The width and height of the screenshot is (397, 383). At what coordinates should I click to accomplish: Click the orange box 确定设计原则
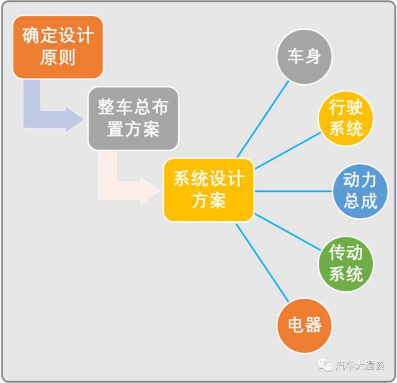point(58,47)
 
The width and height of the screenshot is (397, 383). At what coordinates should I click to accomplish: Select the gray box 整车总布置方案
point(133,118)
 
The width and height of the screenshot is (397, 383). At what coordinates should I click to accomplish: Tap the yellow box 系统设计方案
point(208,190)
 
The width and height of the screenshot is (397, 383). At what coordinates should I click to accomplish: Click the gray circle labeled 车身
point(304,56)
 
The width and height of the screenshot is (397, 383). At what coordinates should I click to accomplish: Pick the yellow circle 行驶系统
point(346,118)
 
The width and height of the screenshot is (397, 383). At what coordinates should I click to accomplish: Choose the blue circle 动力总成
point(360,191)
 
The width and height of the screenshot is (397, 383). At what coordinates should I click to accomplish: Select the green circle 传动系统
point(346,264)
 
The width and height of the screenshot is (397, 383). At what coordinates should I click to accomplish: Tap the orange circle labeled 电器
point(304,325)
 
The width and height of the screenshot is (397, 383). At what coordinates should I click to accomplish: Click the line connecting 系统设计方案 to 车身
point(263,119)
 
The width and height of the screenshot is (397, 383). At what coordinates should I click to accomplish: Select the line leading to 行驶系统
point(288,151)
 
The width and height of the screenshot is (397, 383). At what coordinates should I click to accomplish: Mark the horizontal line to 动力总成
point(293,191)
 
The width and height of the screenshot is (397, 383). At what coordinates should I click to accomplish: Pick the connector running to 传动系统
point(288,232)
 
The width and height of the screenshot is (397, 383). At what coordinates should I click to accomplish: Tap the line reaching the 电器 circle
point(262,263)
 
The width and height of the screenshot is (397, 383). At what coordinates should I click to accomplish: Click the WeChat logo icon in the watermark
point(324,365)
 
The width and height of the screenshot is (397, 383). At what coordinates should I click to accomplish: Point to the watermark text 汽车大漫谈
point(360,366)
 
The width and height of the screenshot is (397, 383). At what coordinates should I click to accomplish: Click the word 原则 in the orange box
point(58,58)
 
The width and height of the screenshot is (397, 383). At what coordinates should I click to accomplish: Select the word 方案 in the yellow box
point(208,201)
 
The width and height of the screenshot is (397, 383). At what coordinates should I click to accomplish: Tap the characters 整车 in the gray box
point(115,107)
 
